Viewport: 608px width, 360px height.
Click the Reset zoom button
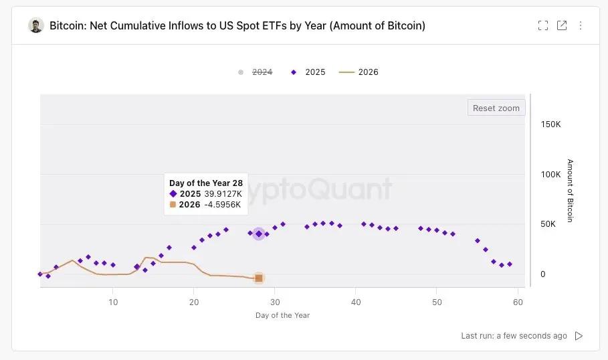click(496, 108)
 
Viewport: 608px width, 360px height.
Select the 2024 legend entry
click(262, 72)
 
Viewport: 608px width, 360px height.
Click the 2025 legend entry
click(314, 72)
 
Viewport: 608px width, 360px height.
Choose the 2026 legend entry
click(368, 72)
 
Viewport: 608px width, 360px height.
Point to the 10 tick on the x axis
click(113, 302)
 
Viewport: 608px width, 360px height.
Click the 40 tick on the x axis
click(356, 302)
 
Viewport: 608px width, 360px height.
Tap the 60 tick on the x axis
click(518, 302)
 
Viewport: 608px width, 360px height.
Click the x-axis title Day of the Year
click(282, 315)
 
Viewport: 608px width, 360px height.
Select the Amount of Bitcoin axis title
click(570, 191)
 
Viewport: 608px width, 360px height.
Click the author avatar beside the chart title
click(35, 25)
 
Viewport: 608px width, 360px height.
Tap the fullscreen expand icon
click(543, 25)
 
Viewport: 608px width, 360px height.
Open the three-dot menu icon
click(581, 25)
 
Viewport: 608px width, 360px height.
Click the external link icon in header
click(562, 25)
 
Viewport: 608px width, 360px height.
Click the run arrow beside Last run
click(579, 336)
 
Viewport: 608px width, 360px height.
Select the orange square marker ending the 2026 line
click(259, 278)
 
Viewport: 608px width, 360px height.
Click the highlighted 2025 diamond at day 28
click(259, 234)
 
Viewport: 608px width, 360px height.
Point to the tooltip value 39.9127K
click(223, 193)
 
